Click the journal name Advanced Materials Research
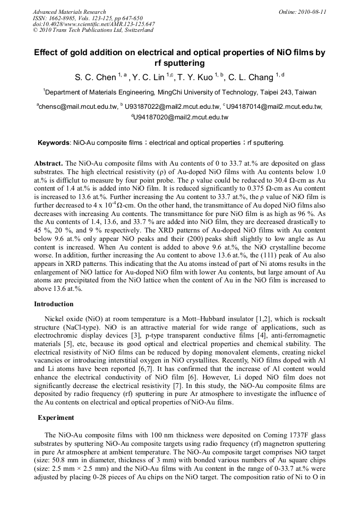(69, 12)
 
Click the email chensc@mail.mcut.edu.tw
(78, 107)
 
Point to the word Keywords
(54, 143)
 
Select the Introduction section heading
(54, 304)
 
